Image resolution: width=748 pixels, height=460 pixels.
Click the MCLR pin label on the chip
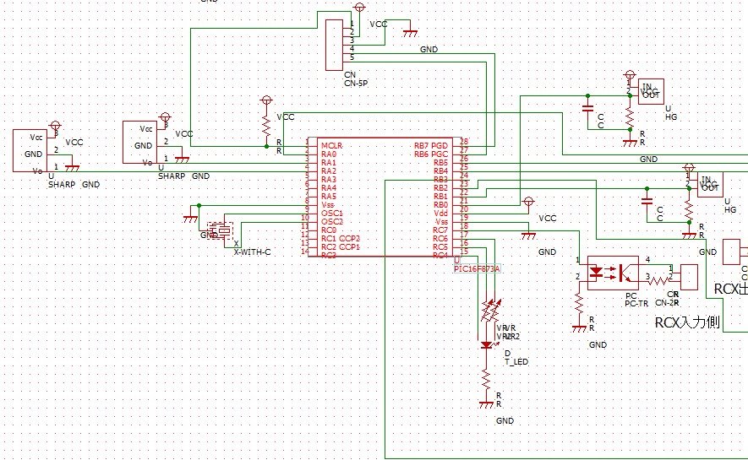330,146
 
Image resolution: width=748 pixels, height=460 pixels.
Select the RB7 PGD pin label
430,146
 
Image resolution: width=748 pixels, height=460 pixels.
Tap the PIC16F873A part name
478,268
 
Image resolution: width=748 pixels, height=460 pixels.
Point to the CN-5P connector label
356,84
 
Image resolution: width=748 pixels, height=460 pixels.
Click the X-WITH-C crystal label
252,252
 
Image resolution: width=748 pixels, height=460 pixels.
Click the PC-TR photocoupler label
636,303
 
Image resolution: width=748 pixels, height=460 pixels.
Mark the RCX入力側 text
686,322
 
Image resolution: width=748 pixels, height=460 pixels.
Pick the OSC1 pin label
331,214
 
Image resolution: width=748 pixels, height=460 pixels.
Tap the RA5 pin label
329,197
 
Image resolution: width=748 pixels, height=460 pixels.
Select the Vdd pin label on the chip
440,214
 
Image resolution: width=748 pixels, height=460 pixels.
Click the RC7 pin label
440,230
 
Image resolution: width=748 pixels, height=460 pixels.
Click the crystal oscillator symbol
222,230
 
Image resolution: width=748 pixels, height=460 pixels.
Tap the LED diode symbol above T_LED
486,344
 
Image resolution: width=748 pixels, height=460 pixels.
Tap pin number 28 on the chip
463,142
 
